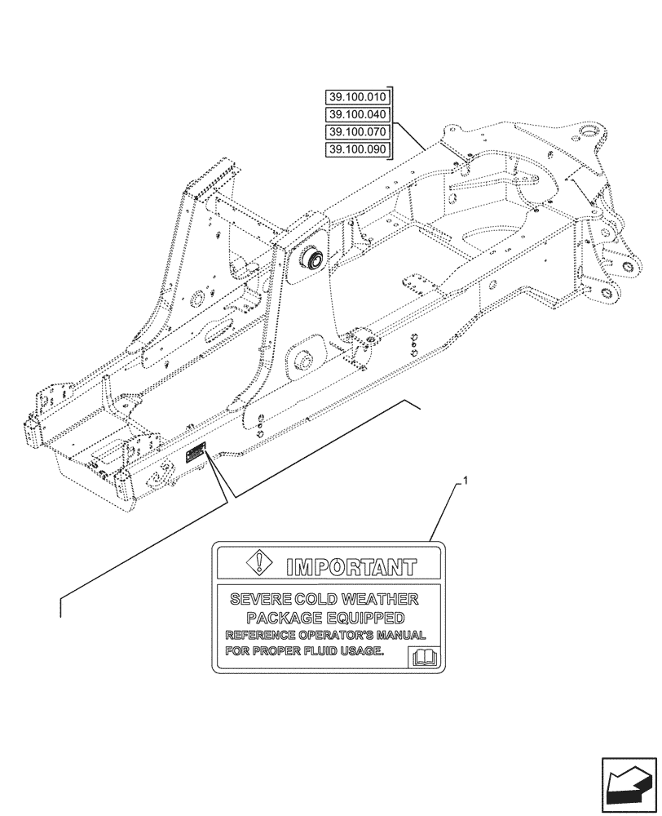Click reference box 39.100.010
click(358, 96)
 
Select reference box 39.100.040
click(358, 114)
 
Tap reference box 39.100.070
click(358, 131)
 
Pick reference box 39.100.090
click(358, 149)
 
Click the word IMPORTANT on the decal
click(350, 564)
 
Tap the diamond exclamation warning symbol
click(258, 563)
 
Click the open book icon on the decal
click(426, 655)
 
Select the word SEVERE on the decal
click(255, 600)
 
